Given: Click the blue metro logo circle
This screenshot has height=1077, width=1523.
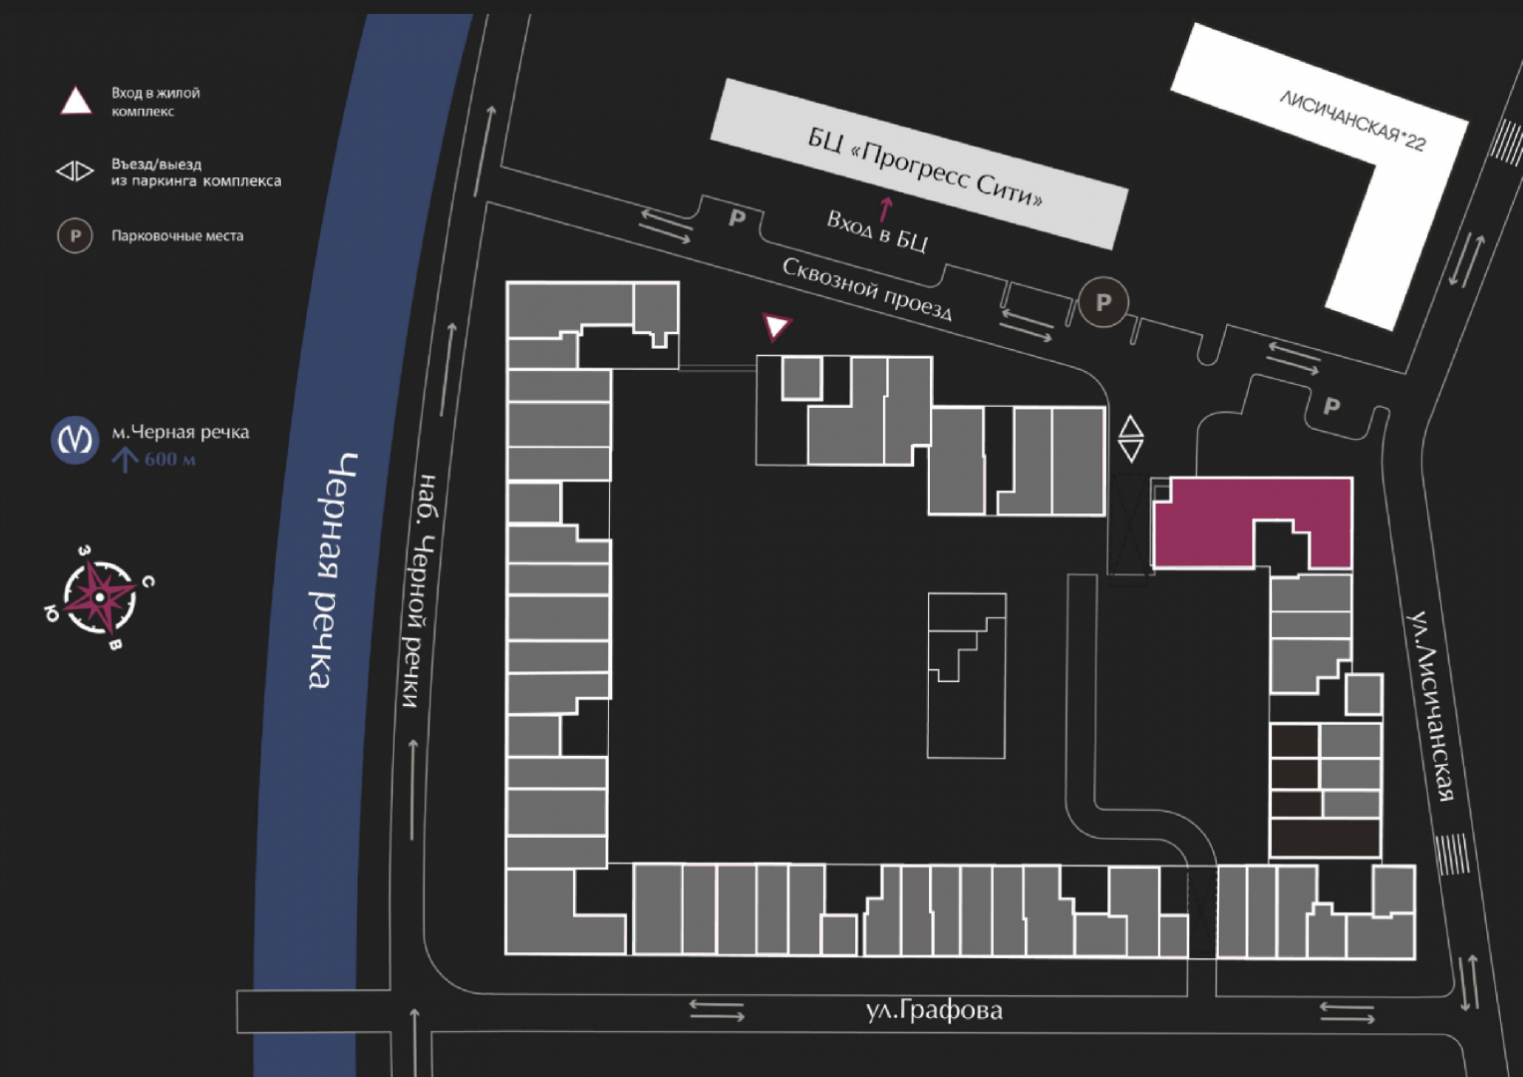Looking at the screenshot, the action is [75, 440].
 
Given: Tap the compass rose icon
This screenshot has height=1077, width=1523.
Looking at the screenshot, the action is [100, 597].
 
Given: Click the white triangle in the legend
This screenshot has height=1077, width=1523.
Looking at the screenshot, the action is [76, 101].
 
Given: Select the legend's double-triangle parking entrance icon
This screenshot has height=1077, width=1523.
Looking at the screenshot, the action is [75, 171].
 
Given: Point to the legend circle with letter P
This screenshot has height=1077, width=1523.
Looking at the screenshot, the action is [75, 236].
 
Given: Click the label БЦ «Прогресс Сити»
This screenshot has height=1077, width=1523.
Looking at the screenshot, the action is [925, 166].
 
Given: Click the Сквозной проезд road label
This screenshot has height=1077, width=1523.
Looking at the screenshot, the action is [867, 289].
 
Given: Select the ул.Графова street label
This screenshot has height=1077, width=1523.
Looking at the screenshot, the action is [934, 1010].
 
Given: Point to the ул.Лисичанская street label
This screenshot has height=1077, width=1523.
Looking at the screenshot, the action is [1430, 706].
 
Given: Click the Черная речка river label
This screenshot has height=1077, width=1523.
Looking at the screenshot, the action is [333, 570].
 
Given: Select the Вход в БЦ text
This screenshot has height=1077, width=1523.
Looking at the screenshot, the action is [877, 231].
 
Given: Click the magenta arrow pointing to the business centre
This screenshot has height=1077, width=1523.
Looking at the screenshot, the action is [884, 209].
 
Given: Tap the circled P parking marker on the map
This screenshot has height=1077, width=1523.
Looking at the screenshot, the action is [1102, 302].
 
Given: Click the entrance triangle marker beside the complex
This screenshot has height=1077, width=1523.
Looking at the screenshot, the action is [775, 325].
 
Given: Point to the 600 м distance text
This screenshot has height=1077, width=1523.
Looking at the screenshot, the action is [170, 460].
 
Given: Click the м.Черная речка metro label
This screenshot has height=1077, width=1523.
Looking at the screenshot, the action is [180, 432].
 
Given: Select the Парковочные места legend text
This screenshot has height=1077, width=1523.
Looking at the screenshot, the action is [177, 236].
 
